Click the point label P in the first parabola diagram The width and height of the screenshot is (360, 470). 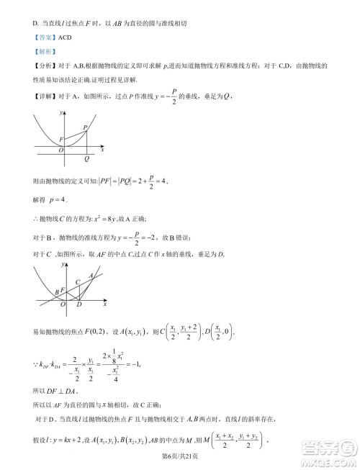tap(86, 127)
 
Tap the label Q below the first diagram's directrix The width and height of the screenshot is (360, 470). tap(86, 158)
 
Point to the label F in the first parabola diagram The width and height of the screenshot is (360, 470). tap(61, 138)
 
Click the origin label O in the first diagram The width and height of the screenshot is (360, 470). tap(61, 150)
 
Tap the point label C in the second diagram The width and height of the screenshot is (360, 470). tap(78, 281)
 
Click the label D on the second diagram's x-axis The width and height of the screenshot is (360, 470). tap(78, 305)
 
